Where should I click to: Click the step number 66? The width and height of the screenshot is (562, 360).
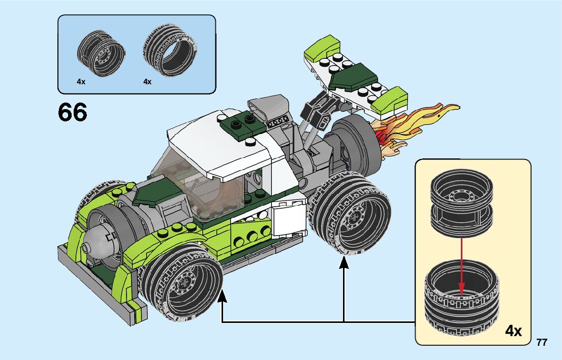(73, 112)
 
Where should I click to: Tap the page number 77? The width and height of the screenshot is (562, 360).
(542, 343)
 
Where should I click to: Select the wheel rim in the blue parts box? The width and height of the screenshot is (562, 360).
(101, 51)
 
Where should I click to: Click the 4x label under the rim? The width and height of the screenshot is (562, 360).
(81, 81)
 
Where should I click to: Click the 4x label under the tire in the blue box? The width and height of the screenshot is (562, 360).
(147, 81)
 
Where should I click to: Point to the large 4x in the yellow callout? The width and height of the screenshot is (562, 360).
(513, 332)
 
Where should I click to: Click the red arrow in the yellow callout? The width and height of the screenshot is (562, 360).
(462, 267)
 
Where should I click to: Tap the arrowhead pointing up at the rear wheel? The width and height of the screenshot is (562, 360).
(344, 264)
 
